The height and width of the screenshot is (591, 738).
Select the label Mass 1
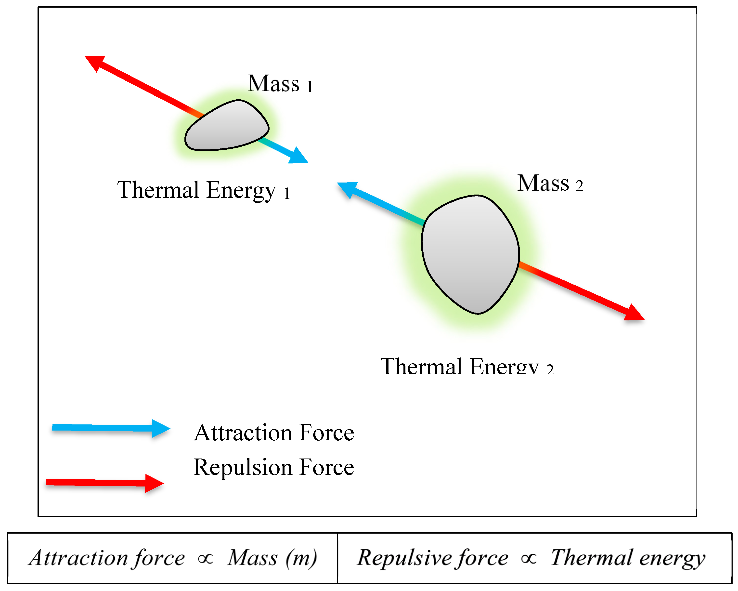pos(280,84)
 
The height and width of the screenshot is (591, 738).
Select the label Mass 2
pos(550,184)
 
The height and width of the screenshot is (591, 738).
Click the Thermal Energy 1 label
pos(204,190)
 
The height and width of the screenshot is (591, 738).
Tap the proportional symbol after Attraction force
pos(205,559)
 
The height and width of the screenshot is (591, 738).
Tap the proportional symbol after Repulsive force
pos(529,559)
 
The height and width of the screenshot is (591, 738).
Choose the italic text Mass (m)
pos(272,558)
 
